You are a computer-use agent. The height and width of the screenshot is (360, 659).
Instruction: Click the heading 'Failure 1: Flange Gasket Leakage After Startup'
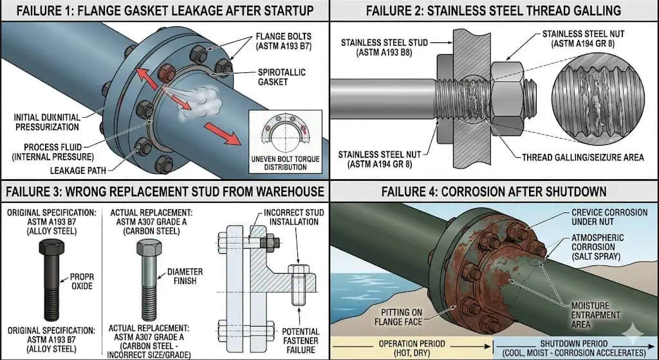tap(165, 10)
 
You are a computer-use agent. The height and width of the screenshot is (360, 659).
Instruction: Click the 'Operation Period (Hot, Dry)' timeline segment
tap(411, 348)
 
